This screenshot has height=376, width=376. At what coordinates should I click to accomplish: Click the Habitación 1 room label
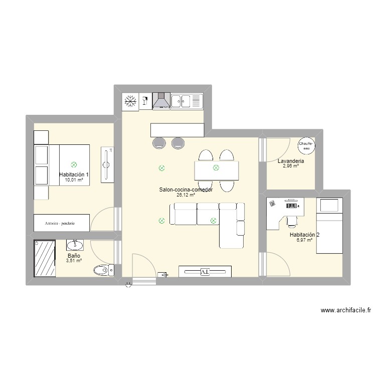click(74, 174)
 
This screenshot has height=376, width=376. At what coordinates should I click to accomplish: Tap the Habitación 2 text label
click(304, 235)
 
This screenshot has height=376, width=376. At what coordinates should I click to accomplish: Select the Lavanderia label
click(291, 161)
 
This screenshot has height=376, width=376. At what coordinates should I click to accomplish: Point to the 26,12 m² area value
click(185, 195)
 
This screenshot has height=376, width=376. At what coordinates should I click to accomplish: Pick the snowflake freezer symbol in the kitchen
click(130, 102)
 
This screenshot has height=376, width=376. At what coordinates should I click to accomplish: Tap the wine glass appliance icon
click(145, 101)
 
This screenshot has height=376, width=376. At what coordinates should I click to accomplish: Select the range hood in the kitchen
click(161, 101)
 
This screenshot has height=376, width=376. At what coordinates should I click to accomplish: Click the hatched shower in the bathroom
click(45, 259)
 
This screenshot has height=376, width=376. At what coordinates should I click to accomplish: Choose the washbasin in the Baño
click(75, 245)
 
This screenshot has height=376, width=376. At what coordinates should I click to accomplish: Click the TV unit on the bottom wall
click(205, 272)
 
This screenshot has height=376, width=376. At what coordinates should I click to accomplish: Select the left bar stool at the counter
click(159, 143)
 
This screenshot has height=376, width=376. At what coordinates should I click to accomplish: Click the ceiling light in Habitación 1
click(74, 164)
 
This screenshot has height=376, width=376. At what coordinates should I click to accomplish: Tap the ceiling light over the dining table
click(216, 168)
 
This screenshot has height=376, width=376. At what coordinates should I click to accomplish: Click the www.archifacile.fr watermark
click(345, 311)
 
